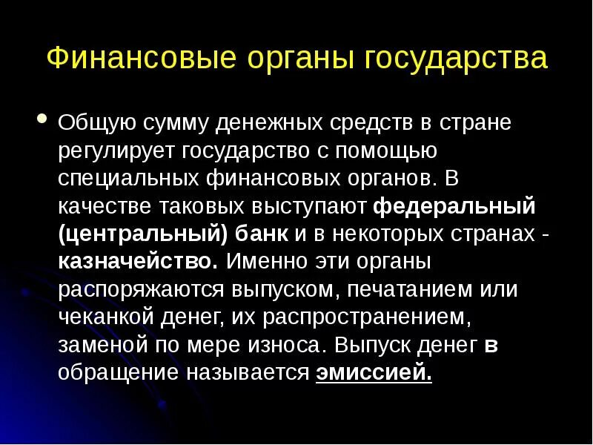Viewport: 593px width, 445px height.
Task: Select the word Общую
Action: coord(96,122)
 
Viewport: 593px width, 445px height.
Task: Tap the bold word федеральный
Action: coord(454,206)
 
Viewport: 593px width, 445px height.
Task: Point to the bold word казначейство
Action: coord(138,262)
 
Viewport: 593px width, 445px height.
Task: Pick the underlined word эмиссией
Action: coord(374,373)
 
